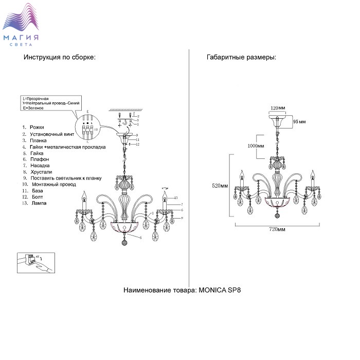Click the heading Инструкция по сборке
59,58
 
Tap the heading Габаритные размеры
241,58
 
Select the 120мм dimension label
278,109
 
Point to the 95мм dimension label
299,122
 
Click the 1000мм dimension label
256,146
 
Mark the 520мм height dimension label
220,186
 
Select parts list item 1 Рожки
33,127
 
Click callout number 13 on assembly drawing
175,198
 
